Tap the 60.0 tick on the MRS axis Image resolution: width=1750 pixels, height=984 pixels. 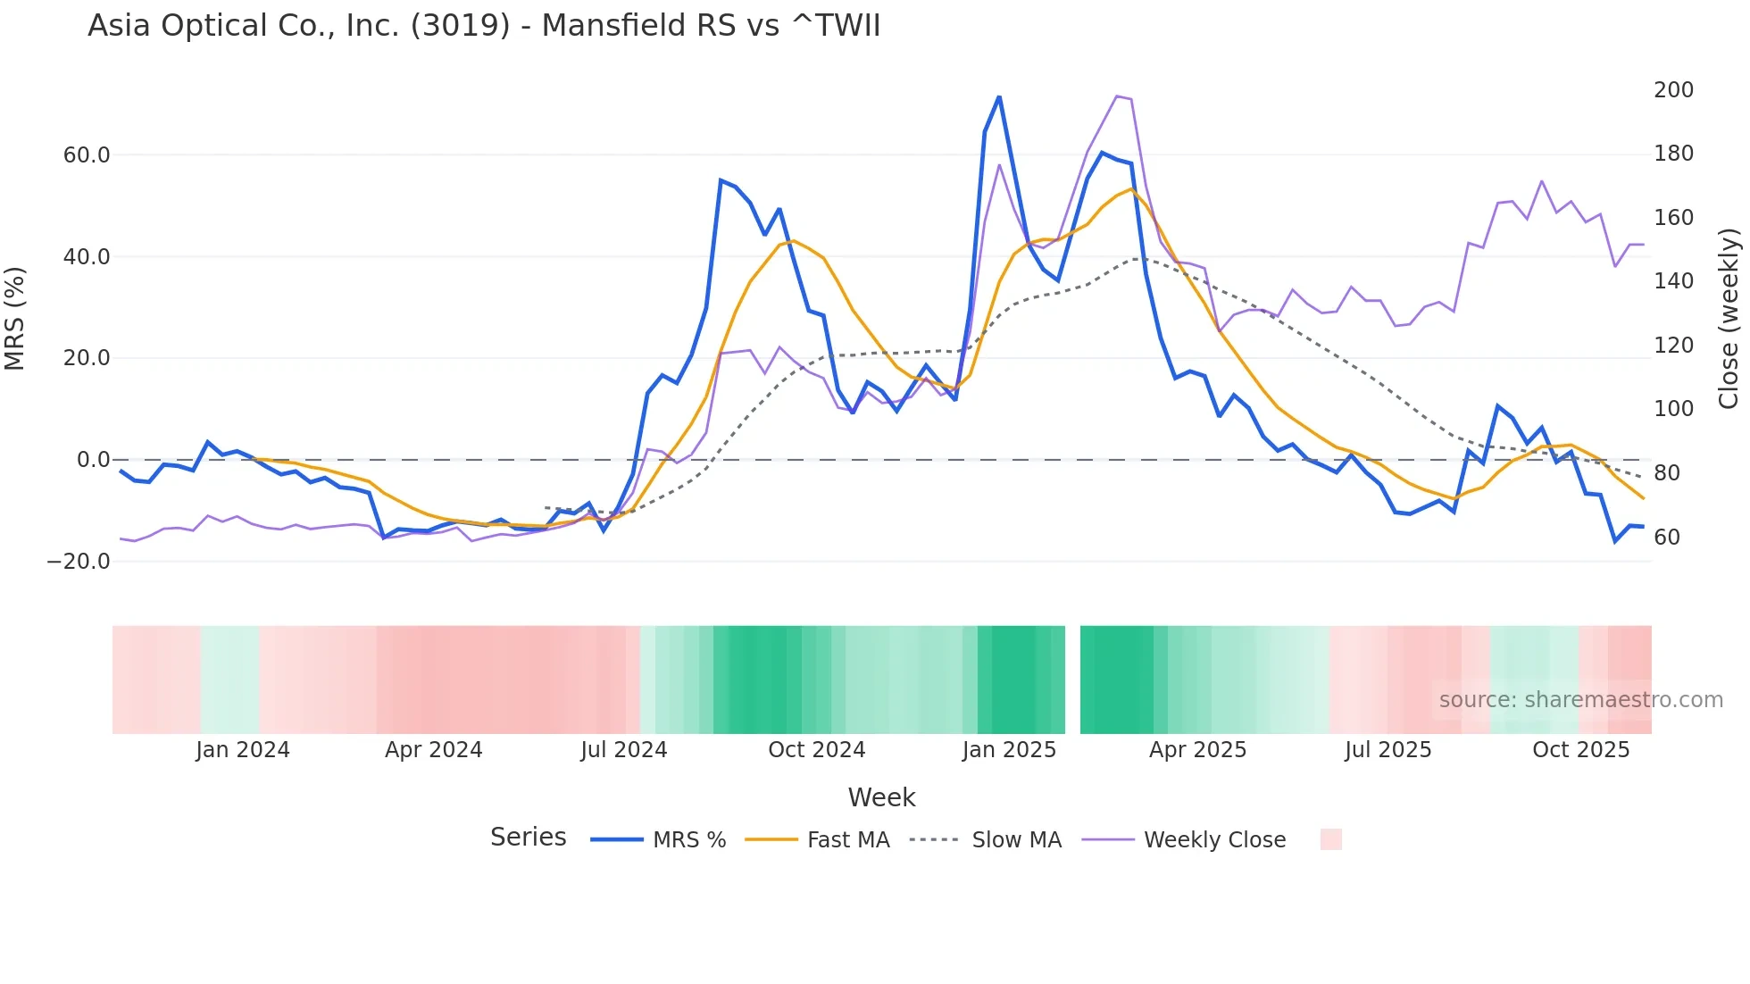[x=87, y=155]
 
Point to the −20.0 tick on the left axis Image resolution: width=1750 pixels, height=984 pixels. [x=79, y=562]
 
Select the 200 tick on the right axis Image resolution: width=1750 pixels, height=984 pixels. [x=1673, y=90]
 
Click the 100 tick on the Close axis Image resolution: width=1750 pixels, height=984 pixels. [x=1673, y=409]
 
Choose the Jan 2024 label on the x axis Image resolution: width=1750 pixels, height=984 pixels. [x=243, y=750]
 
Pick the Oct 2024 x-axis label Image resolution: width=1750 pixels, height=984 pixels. [x=816, y=750]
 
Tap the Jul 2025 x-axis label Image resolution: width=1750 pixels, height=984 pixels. [x=1387, y=750]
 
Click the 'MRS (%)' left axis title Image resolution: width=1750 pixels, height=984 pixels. [x=15, y=318]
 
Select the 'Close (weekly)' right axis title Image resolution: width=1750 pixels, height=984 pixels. [x=1729, y=318]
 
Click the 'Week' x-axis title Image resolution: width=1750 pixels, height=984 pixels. [x=881, y=797]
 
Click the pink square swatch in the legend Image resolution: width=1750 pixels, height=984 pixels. [x=1330, y=839]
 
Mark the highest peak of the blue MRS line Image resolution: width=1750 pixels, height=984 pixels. [x=999, y=96]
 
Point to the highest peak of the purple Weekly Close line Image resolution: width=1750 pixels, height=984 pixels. [x=1117, y=96]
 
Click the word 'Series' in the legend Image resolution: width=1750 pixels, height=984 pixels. [x=528, y=838]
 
